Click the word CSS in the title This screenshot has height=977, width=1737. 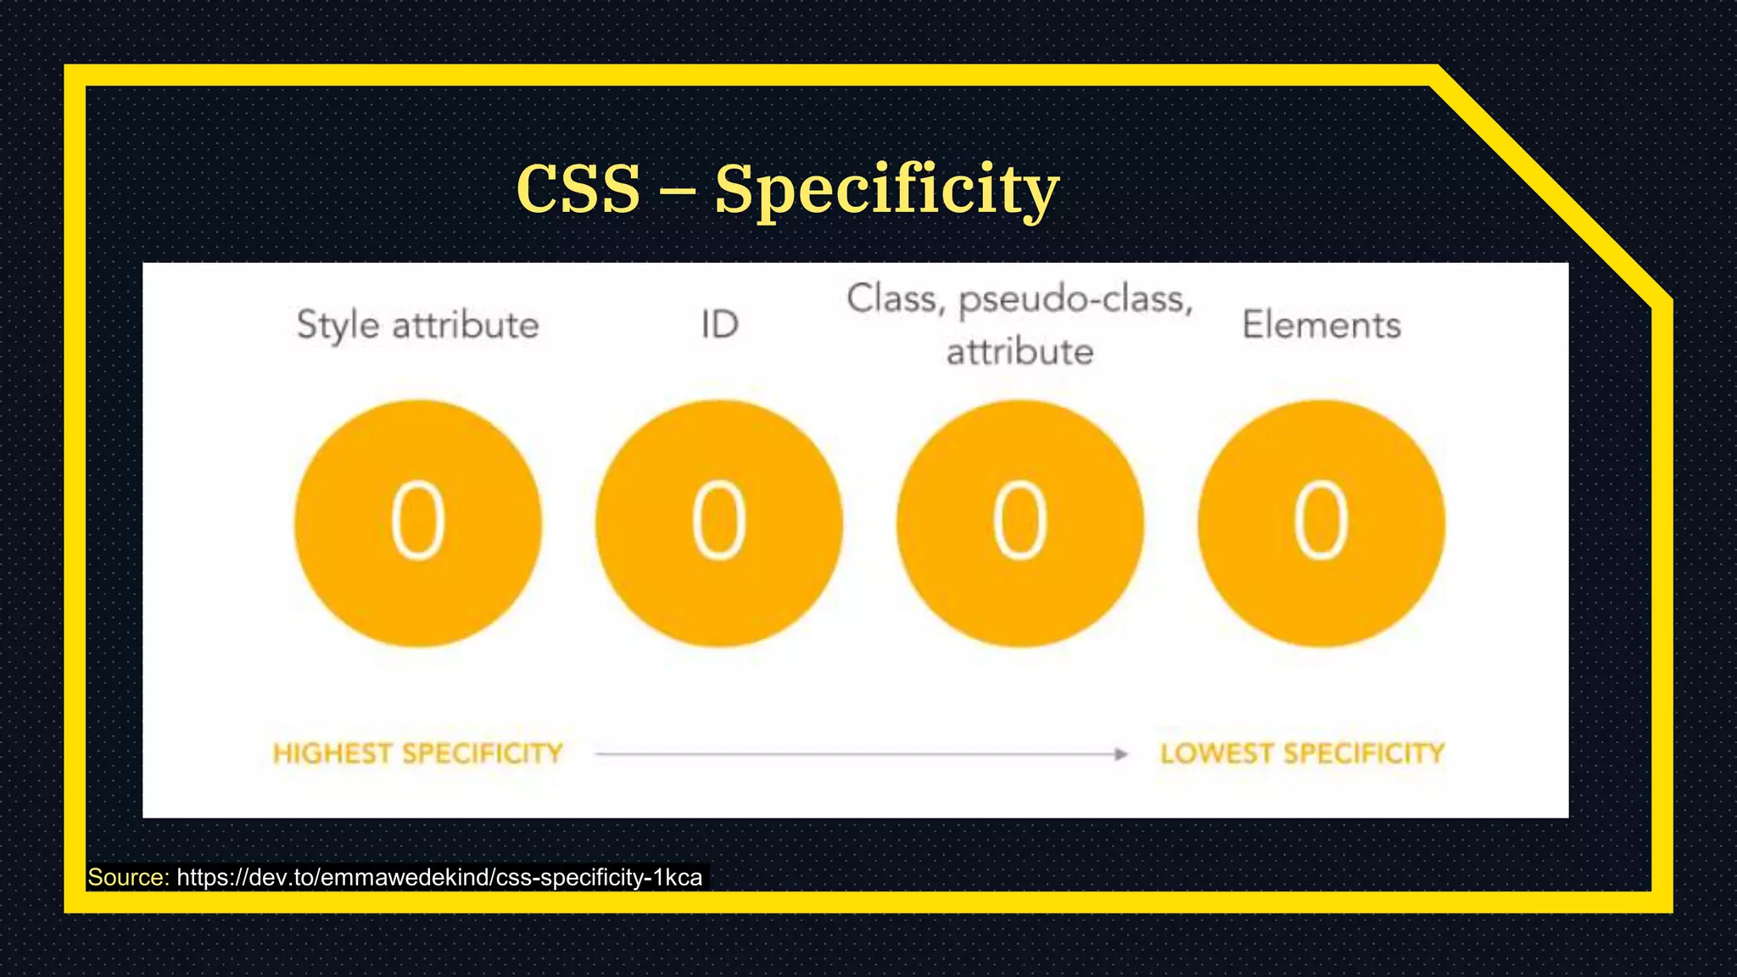tap(578, 188)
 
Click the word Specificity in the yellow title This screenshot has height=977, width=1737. tap(886, 190)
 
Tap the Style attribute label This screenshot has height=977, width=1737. tap(417, 326)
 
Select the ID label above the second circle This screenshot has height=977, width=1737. tap(719, 325)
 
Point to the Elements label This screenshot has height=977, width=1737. tap(1321, 325)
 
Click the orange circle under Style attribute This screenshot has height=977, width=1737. tap(418, 523)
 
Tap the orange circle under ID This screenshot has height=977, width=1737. tap(719, 523)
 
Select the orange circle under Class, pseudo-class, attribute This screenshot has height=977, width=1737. tap(1019, 523)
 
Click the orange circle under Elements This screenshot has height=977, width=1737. tap(1321, 523)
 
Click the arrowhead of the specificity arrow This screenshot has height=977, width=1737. tap(1121, 754)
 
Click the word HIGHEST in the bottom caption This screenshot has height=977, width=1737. tap(332, 753)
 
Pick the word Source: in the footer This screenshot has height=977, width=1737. tap(129, 877)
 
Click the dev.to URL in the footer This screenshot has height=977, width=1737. tap(439, 877)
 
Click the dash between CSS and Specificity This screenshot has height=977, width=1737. tap(677, 192)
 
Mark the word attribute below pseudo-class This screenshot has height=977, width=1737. tap(1019, 352)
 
